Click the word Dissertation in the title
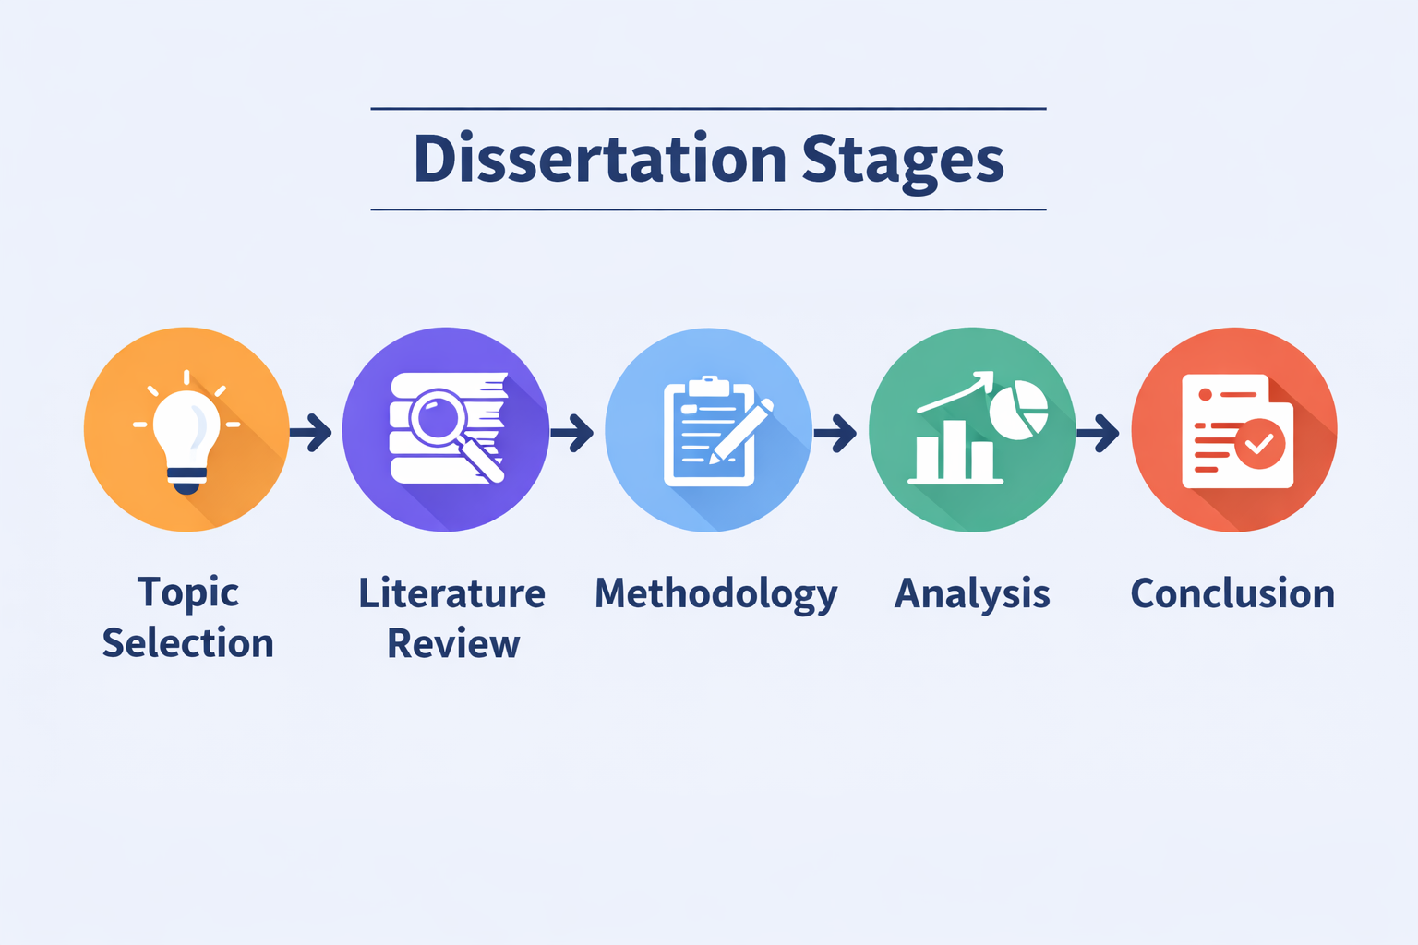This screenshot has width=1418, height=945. click(599, 158)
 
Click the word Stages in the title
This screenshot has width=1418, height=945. click(904, 161)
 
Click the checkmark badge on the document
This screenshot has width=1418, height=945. click(1260, 444)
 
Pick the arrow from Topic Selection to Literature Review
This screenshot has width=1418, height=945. click(311, 433)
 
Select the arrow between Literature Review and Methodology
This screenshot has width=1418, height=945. click(572, 433)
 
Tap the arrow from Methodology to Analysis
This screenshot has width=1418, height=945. click(835, 433)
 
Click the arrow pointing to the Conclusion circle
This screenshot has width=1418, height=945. click(1099, 433)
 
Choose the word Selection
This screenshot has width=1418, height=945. click(188, 643)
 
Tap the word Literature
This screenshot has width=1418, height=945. click(452, 593)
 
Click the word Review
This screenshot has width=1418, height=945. click(453, 644)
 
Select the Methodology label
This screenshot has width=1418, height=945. click(716, 595)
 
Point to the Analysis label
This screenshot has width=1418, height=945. click(972, 595)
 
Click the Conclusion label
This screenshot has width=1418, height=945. click(1232, 593)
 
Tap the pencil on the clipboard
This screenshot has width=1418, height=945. click(740, 431)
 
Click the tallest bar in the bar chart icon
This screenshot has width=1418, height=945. click(953, 450)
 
